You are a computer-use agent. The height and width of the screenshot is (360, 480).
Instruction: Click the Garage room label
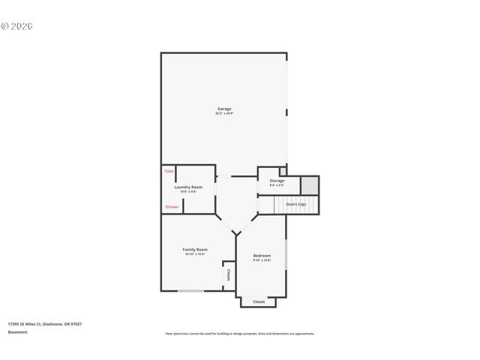point(223,109)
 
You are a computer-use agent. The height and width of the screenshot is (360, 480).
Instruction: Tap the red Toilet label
point(169,172)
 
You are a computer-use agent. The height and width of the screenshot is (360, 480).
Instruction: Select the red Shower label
point(172,206)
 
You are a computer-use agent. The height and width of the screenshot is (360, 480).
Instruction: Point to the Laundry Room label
point(188,187)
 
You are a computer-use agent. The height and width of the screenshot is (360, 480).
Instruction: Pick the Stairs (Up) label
point(296,204)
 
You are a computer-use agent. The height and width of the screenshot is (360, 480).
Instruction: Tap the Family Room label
point(195,249)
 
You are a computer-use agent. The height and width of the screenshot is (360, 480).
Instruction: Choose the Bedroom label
point(262,256)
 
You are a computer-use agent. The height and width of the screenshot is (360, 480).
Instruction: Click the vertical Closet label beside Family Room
point(228,275)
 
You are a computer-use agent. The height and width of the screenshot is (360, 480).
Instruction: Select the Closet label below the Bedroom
point(259,301)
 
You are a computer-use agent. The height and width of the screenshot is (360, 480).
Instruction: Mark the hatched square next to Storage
point(310,184)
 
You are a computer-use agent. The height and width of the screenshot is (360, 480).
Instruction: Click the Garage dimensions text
point(223,114)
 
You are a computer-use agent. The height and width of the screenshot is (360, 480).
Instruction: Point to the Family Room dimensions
point(195,254)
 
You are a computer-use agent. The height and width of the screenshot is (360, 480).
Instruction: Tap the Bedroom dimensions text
point(262,261)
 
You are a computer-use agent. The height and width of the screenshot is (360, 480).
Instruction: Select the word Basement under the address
point(18,331)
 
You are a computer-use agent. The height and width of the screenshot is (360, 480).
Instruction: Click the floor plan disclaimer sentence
point(240,333)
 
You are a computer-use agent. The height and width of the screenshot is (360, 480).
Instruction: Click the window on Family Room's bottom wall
point(190,291)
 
